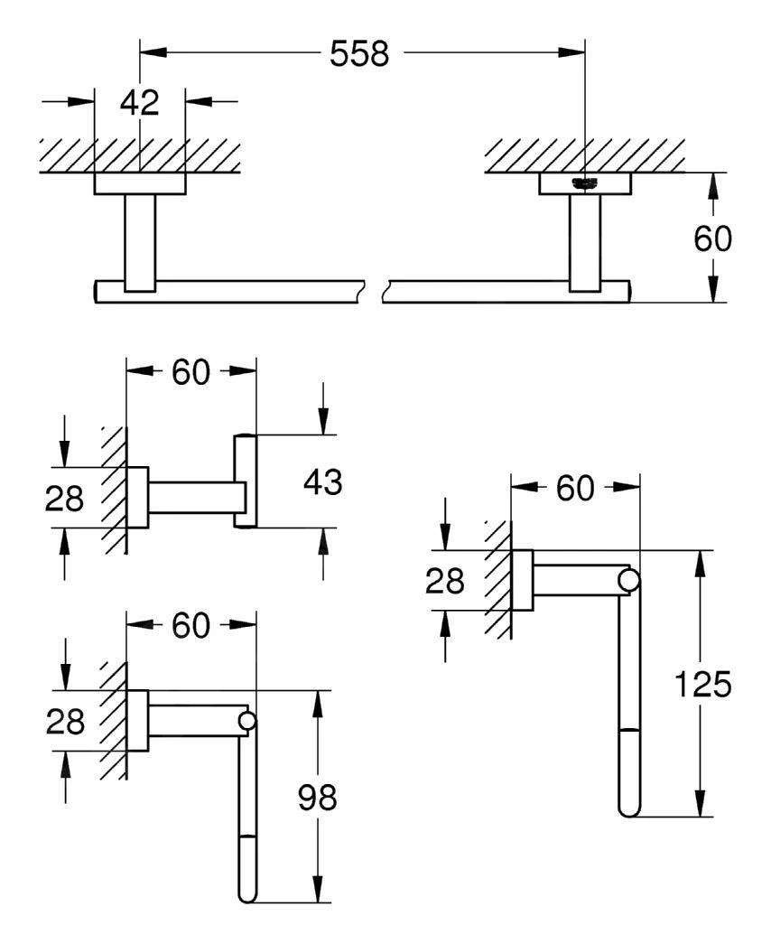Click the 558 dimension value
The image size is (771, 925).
click(x=359, y=54)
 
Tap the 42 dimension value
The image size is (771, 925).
click(x=139, y=102)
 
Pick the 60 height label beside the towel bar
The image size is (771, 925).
click(x=712, y=238)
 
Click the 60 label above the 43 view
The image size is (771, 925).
click(x=190, y=371)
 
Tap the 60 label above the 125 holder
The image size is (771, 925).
click(x=575, y=489)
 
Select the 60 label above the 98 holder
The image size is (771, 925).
click(x=190, y=625)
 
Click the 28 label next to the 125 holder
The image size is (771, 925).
click(x=444, y=582)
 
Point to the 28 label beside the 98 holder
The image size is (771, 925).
click(x=64, y=722)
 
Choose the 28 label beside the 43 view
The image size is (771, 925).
click(x=64, y=497)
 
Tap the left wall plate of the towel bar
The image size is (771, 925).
click(x=140, y=184)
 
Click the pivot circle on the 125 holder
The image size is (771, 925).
click(x=628, y=580)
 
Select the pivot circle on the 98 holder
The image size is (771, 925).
click(x=246, y=721)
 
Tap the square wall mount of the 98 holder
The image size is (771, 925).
click(x=137, y=721)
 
